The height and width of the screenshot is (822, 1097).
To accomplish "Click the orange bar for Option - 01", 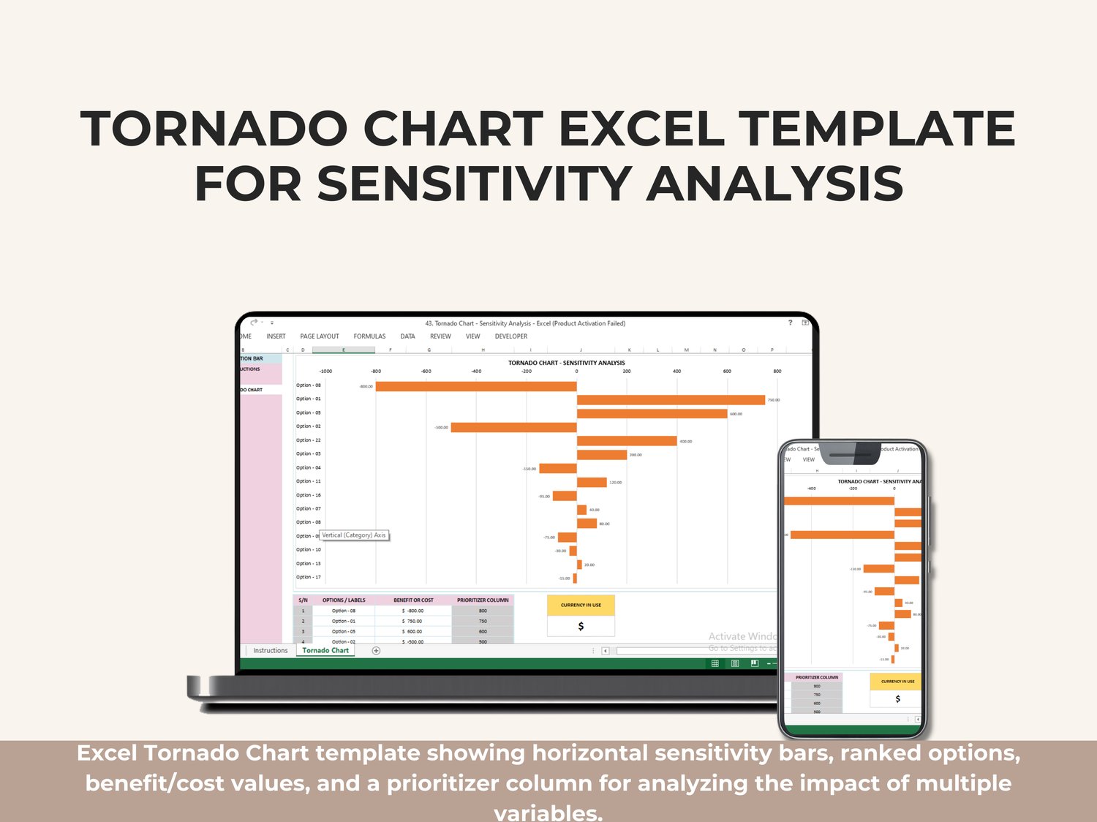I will (x=671, y=400).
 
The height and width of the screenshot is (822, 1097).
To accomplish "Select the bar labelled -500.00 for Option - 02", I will (x=513, y=427).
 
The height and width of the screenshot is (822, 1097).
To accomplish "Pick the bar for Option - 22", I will (x=627, y=441).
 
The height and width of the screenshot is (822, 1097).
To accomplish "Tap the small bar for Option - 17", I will (x=575, y=578).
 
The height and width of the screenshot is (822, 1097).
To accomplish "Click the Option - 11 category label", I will (x=308, y=481).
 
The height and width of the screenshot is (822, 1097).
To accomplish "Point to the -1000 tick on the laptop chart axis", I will (x=325, y=372).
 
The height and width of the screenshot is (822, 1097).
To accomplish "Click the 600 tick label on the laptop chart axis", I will (x=727, y=372).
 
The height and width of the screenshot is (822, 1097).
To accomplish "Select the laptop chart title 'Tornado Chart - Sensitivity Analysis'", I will (x=566, y=363).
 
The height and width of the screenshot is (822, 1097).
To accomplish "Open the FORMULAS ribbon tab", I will (x=369, y=336).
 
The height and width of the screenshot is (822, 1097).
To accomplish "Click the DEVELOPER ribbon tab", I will (x=510, y=336).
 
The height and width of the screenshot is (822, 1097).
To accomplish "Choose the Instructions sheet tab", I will (x=270, y=650).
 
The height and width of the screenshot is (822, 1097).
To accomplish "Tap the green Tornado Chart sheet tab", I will (x=325, y=650).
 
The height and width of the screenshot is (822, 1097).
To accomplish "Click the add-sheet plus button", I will (x=376, y=650).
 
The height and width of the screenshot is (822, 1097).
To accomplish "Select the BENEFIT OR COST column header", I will (x=413, y=600).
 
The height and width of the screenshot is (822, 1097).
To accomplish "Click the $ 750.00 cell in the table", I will (x=413, y=621).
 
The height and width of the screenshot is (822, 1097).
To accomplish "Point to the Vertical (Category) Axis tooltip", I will (x=354, y=535).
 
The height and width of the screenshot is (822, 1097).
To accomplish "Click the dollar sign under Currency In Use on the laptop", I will (x=581, y=627).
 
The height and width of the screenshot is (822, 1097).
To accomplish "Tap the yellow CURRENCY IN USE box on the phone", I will (x=897, y=682).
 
